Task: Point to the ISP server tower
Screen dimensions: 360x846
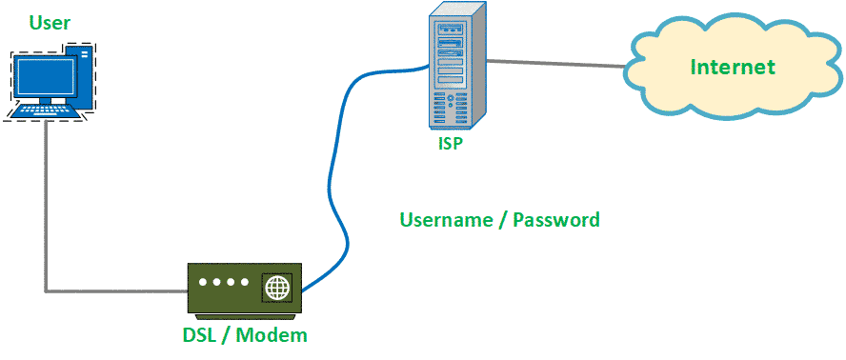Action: (x=455, y=67)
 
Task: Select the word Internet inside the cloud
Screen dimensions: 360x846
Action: (x=733, y=67)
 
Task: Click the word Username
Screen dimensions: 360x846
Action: (x=447, y=220)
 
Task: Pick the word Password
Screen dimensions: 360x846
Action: (x=556, y=220)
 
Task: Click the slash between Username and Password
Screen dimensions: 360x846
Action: (x=504, y=220)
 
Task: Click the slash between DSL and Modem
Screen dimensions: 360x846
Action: (x=228, y=335)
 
